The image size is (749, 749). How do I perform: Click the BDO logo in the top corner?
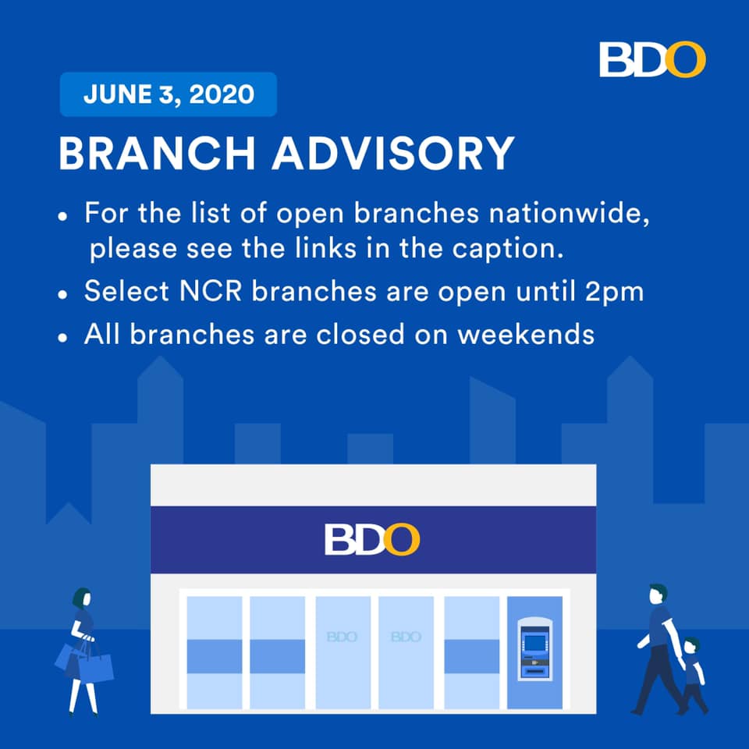click(x=652, y=59)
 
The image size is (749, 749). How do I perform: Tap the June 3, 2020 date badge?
click(x=169, y=94)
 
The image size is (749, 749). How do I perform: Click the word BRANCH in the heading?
click(x=157, y=153)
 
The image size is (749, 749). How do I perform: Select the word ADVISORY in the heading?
click(x=393, y=153)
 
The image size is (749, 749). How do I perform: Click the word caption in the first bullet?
click(x=508, y=249)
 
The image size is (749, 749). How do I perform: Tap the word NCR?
click(x=211, y=290)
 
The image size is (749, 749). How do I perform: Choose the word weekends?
click(x=526, y=334)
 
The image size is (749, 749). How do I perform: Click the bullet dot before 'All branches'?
click(x=62, y=337)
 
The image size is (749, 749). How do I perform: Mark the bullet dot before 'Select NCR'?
click(x=62, y=294)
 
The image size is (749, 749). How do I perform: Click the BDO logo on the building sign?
click(x=372, y=539)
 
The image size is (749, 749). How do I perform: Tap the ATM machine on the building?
click(x=534, y=648)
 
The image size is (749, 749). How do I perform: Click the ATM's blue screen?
click(x=534, y=643)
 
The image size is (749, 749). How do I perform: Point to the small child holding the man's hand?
click(x=693, y=674)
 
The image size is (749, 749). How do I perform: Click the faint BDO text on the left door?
click(x=342, y=637)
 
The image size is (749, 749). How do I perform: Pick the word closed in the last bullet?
click(x=360, y=334)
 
